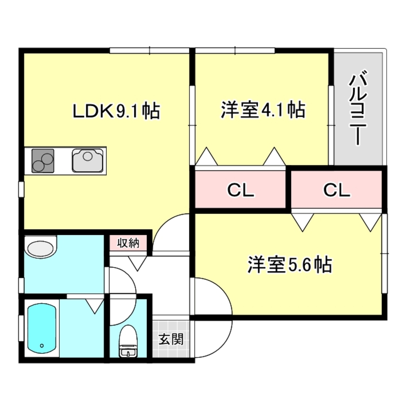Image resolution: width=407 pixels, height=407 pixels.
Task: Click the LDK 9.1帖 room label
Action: coord(116,111)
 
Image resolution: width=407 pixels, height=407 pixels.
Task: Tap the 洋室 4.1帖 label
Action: coord(263,110)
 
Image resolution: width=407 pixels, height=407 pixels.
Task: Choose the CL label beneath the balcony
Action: coord(337,190)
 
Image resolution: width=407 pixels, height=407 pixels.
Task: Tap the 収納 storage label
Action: coord(128,243)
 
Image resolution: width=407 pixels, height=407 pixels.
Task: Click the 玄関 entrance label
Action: coord(171,339)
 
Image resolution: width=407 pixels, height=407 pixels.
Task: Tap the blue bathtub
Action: coord(42,329)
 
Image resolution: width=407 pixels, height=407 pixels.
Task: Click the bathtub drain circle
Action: coord(42,346)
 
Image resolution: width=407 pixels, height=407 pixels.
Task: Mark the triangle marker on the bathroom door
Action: coord(95,306)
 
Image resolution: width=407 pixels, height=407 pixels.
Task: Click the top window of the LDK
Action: coord(150,51)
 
